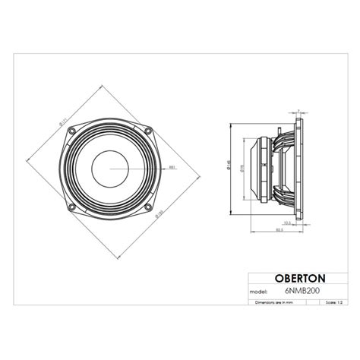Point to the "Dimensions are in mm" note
[x=274, y=302]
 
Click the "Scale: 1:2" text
[x=332, y=302]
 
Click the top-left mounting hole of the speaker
[x=72, y=130]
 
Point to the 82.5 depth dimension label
[x=279, y=231]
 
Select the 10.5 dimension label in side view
[x=287, y=223]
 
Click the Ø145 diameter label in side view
[x=229, y=166]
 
